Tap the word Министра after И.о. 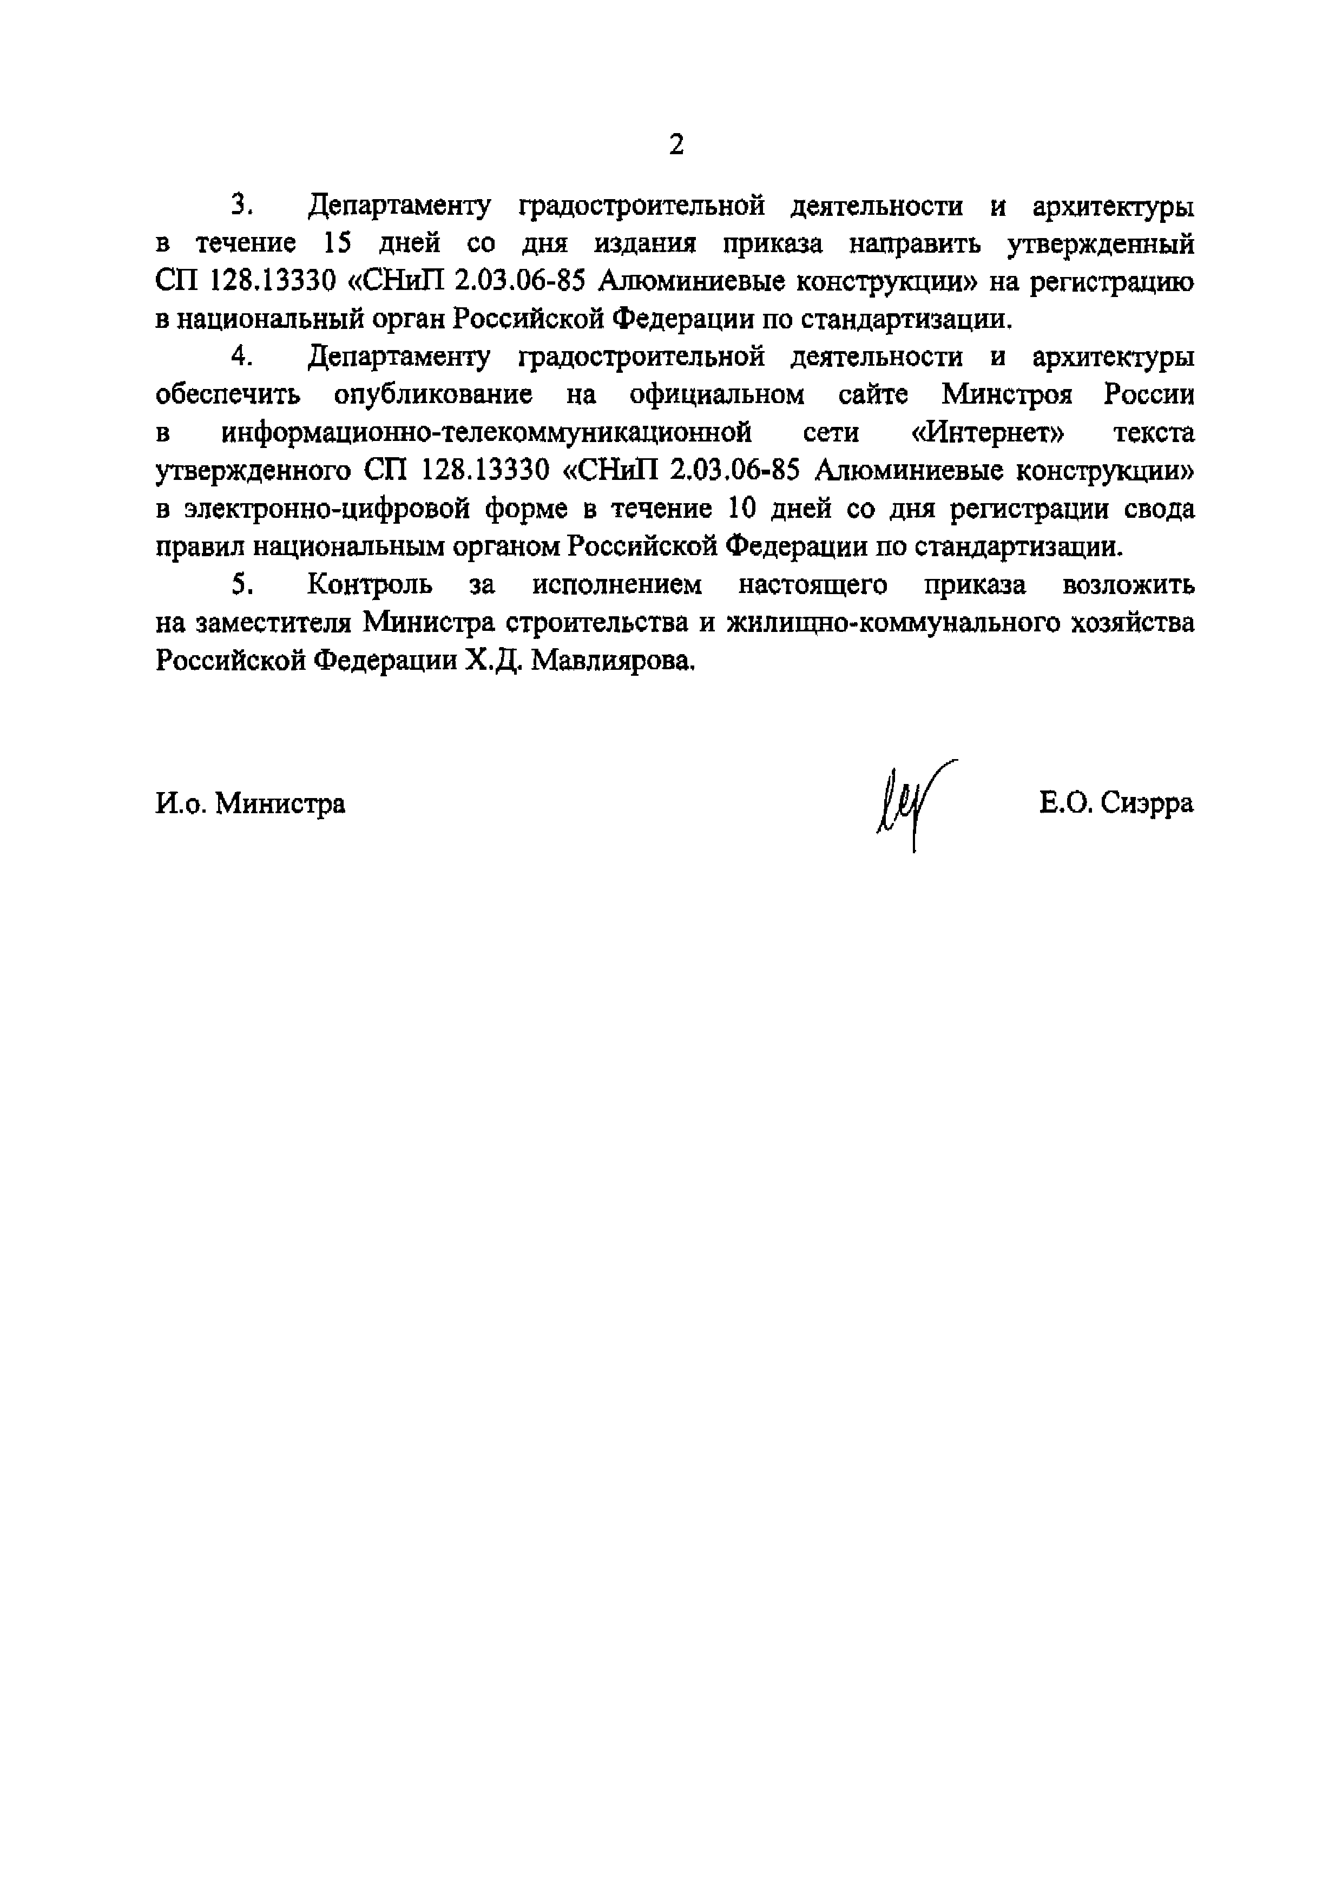tap(280, 803)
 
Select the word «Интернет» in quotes tap(994, 432)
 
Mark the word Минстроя tap(1007, 394)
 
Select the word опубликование tap(432, 394)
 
